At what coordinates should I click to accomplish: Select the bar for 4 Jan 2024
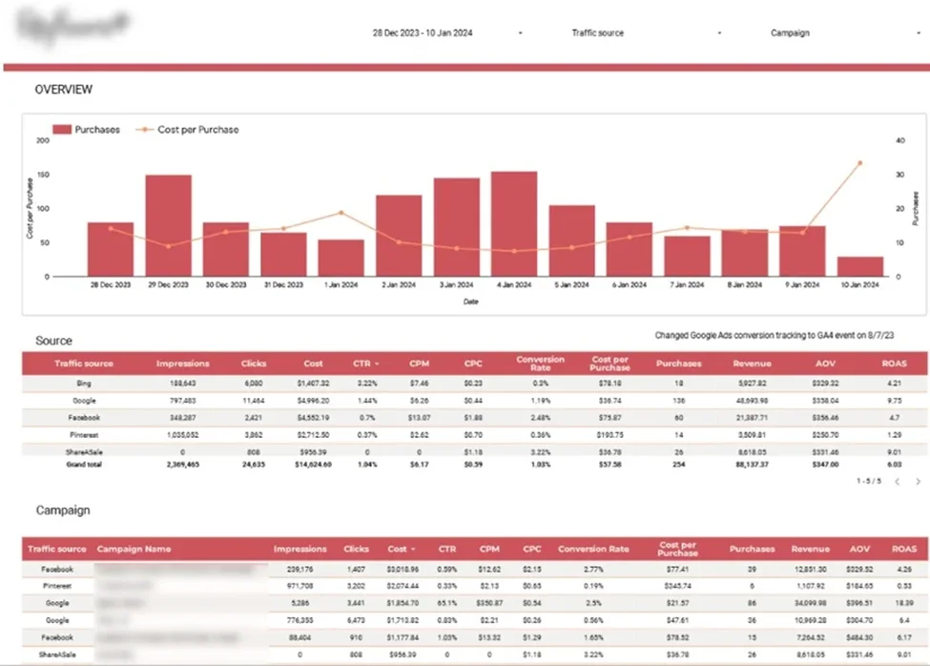pyautogui.click(x=514, y=223)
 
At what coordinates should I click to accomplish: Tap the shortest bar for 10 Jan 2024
pyautogui.click(x=859, y=266)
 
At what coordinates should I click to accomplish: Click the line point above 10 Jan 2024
pyautogui.click(x=859, y=163)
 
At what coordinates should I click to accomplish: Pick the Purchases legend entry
pyautogui.click(x=86, y=130)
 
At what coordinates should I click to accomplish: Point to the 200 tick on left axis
pyautogui.click(x=42, y=140)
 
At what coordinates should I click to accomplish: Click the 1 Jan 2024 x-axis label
pyautogui.click(x=341, y=284)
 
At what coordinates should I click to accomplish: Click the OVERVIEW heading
pyautogui.click(x=64, y=90)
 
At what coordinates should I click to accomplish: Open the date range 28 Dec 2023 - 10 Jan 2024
pyautogui.click(x=423, y=32)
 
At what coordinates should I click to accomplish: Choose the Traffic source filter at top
pyautogui.click(x=598, y=32)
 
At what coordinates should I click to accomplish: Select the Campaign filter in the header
pyautogui.click(x=790, y=32)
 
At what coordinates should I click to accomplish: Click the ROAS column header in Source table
pyautogui.click(x=895, y=364)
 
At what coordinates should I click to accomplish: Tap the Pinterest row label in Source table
pyautogui.click(x=85, y=434)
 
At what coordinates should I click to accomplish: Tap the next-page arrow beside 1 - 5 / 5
pyautogui.click(x=918, y=483)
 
